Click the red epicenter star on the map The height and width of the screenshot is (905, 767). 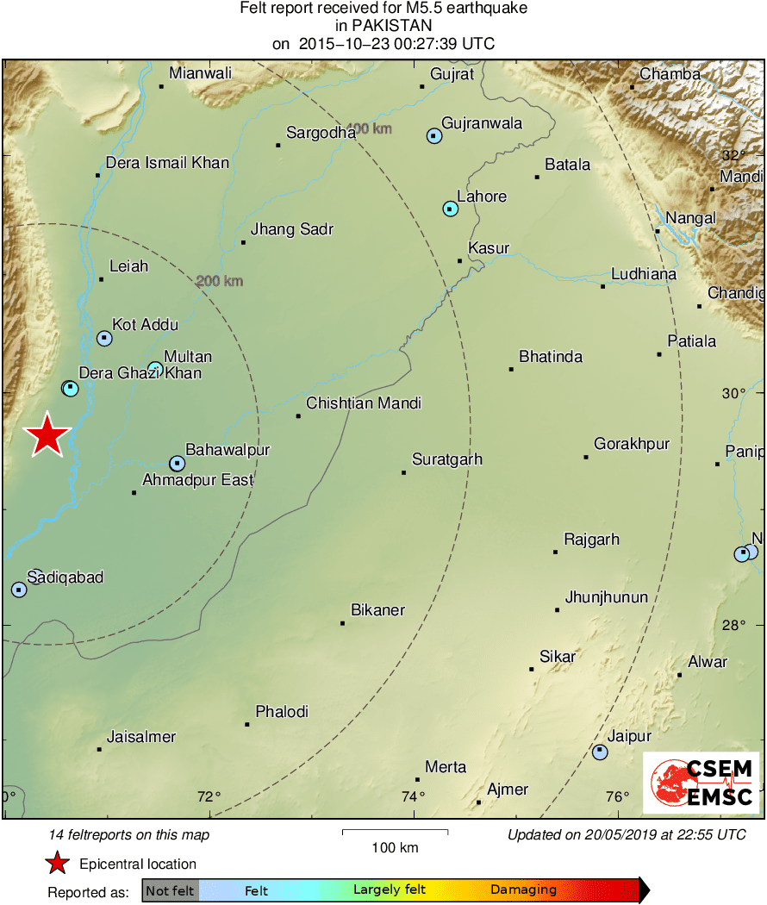[47, 435]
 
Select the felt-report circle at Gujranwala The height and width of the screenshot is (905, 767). [434, 135]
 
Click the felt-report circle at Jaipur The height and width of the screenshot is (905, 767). [600, 752]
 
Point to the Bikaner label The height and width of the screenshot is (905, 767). [377, 610]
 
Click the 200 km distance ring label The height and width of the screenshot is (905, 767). [220, 281]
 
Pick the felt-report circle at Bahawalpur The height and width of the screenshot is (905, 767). [177, 464]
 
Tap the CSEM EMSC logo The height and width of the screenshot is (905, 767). [702, 783]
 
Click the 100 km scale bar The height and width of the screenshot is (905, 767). [395, 832]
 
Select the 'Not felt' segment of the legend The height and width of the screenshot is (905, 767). [170, 890]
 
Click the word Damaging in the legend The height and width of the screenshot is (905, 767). [523, 890]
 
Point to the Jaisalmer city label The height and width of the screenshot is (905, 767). [141, 737]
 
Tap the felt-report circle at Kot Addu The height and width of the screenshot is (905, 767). [104, 339]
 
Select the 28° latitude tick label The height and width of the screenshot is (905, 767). [733, 625]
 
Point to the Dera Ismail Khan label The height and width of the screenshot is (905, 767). [167, 162]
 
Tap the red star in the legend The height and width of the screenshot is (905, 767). [57, 864]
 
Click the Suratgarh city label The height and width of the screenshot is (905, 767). [446, 459]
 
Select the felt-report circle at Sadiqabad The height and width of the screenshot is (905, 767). [19, 590]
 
